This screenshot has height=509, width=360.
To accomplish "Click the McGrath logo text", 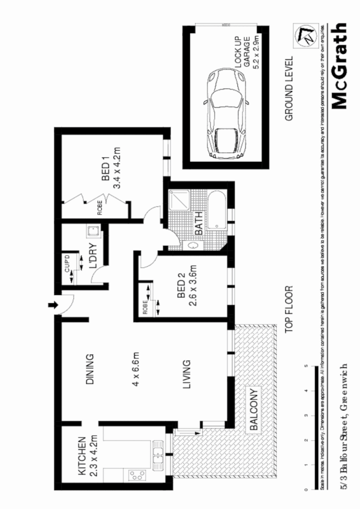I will click(x=340, y=66).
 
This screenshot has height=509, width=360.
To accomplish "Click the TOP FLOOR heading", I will click(x=289, y=309).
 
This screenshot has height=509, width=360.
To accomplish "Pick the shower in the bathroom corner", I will click(x=179, y=201).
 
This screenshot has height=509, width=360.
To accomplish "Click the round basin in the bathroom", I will click(x=194, y=246).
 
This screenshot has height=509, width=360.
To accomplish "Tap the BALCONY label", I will click(x=255, y=410).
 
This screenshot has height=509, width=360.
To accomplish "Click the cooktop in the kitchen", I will click(x=136, y=475).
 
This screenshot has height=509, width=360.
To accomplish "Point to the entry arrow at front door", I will click(x=51, y=305).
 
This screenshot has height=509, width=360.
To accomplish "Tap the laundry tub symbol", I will click(x=93, y=232).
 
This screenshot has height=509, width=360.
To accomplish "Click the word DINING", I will click(x=90, y=369).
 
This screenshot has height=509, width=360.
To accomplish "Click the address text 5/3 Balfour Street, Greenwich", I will click(x=345, y=427).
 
